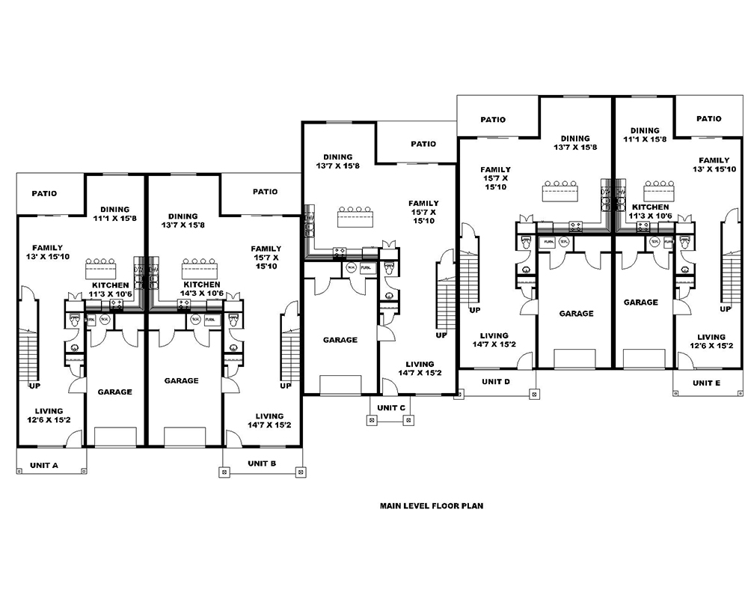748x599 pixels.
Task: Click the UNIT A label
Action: pos(44,465)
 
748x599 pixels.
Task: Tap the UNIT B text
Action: pos(262,463)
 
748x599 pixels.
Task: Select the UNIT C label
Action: pos(390,407)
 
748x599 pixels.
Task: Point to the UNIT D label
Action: pos(495,382)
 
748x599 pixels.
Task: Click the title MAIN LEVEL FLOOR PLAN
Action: pos(431,505)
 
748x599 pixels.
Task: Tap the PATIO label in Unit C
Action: pos(423,144)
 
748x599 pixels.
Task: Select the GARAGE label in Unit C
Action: pos(340,340)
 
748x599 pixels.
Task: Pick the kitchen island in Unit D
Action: pos(560,192)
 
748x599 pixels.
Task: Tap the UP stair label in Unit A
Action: pos(34,386)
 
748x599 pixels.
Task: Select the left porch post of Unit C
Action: pos(372,420)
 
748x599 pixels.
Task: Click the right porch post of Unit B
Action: pos(300,472)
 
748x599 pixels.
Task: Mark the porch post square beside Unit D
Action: pos(533,392)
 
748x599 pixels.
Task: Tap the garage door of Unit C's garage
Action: pos(340,386)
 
